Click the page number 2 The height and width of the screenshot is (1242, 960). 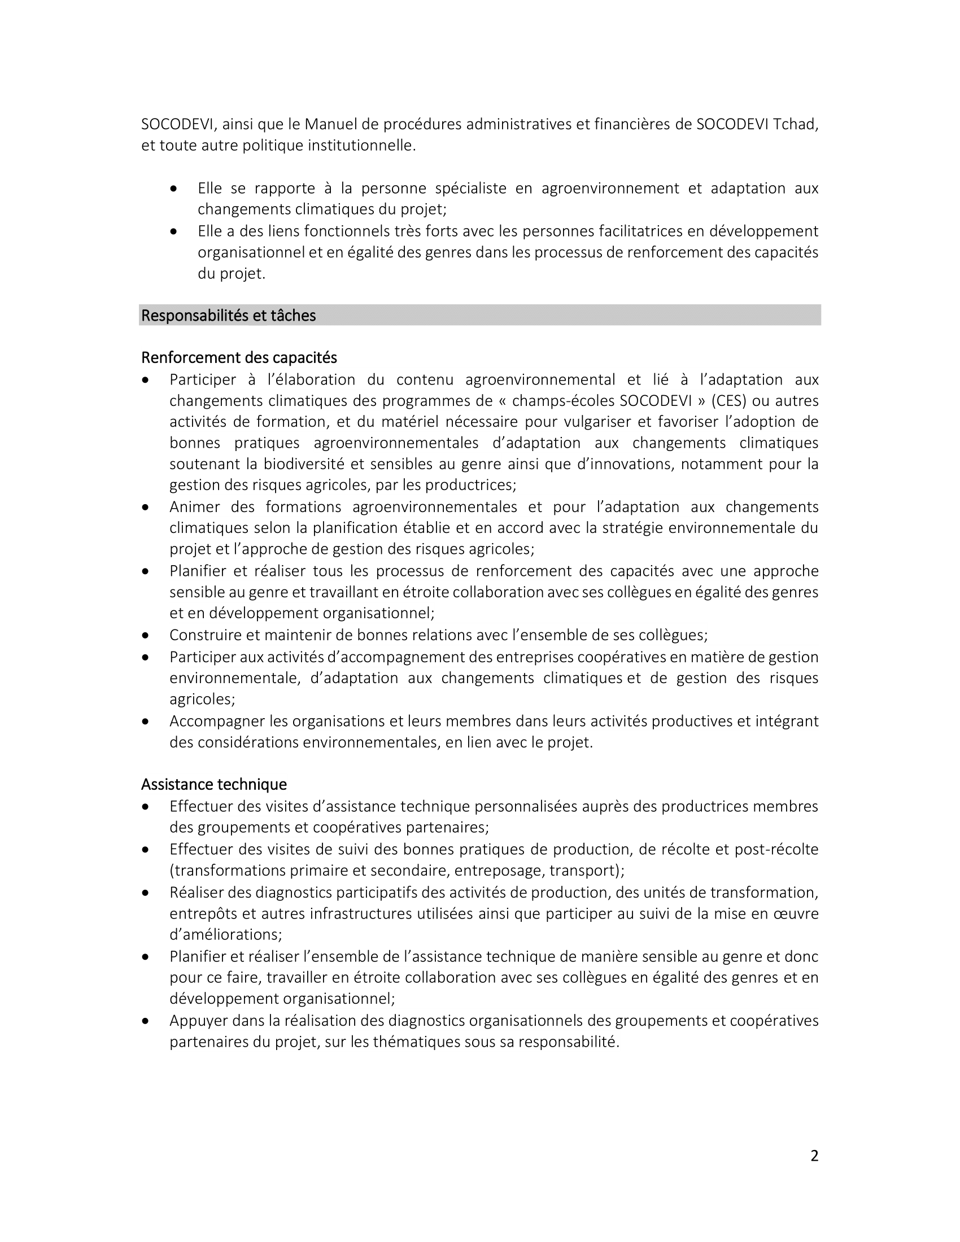point(814,1156)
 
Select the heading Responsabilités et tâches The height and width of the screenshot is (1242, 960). point(228,316)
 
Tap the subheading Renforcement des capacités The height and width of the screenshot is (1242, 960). point(239,358)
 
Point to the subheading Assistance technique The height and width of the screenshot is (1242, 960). point(214,784)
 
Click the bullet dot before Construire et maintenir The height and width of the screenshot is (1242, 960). point(146,635)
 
